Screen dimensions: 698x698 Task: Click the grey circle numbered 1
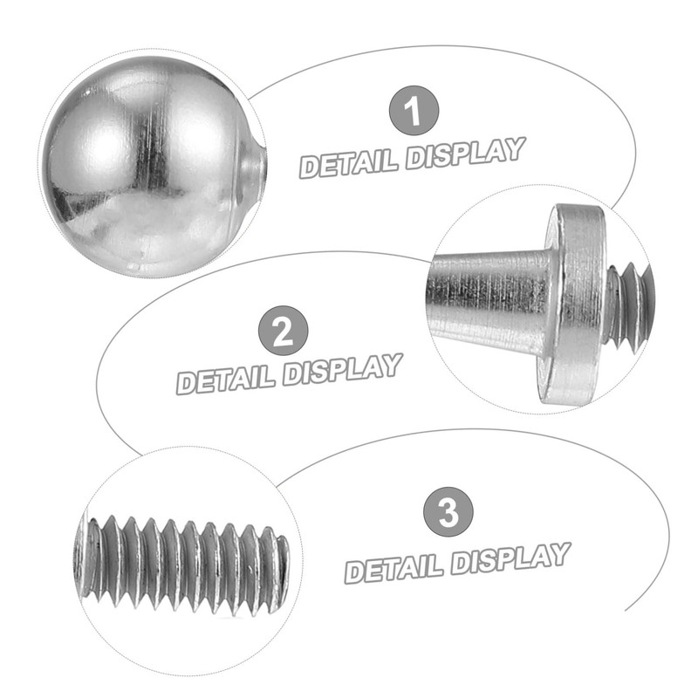pos(413,112)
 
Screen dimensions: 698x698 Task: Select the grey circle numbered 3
pos(448,511)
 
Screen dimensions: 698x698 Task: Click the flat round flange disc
pos(576,301)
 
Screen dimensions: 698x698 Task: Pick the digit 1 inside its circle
pos(414,112)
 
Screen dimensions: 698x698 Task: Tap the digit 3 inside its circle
pos(448,511)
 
